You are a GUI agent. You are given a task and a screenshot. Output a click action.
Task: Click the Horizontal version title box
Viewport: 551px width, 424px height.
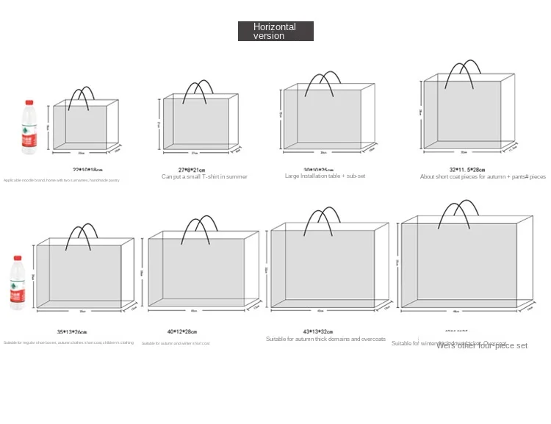(x=275, y=31)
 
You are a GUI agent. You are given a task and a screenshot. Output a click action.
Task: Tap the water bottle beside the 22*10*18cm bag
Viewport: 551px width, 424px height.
(x=29, y=127)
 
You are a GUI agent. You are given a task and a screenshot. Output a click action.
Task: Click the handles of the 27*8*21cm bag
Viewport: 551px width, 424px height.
(x=198, y=91)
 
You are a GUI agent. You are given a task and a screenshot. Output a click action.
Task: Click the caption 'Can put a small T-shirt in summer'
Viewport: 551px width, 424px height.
(x=204, y=177)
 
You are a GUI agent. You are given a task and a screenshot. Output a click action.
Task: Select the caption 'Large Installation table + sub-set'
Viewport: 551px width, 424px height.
(x=324, y=176)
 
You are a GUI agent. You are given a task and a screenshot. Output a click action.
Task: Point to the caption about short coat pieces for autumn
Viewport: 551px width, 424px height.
(x=483, y=177)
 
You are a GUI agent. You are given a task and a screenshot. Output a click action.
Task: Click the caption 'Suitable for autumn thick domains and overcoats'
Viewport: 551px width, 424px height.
(x=325, y=339)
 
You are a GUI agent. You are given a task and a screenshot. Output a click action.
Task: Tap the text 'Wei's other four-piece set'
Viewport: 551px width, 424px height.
(x=482, y=346)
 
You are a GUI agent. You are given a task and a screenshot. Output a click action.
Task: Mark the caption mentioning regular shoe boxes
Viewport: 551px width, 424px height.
(x=68, y=343)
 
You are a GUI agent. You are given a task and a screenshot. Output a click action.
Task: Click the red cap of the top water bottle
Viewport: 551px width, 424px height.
(x=30, y=104)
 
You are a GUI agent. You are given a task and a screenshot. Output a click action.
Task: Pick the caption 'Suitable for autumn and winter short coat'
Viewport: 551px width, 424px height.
(x=176, y=343)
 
